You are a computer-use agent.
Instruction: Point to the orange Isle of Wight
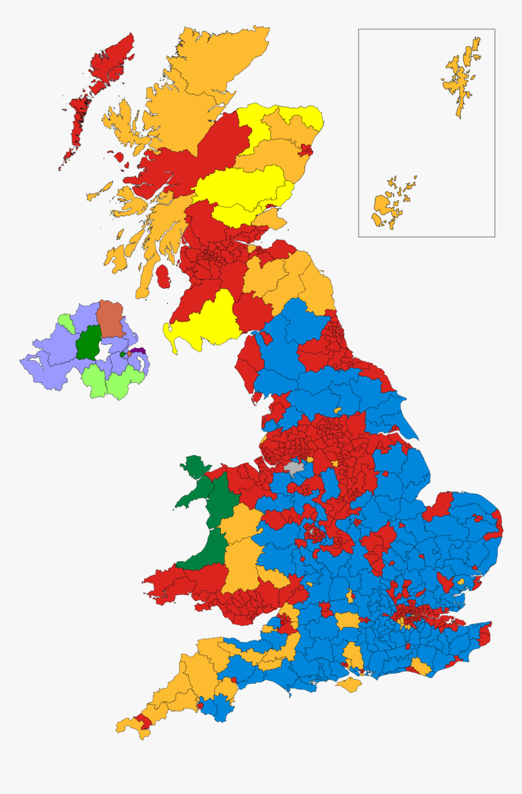[x=348, y=685]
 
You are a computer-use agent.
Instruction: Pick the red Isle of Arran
[x=163, y=277]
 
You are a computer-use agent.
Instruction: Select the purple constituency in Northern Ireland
[x=140, y=351]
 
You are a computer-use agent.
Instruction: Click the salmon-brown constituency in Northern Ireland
[x=110, y=318]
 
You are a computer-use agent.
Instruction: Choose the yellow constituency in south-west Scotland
[x=203, y=321]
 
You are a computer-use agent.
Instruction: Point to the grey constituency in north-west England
[x=294, y=468]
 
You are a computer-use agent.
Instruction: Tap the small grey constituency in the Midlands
[x=313, y=532]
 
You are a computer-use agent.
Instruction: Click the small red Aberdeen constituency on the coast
[x=306, y=150]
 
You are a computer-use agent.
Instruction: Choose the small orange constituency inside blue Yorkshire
[x=337, y=411]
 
